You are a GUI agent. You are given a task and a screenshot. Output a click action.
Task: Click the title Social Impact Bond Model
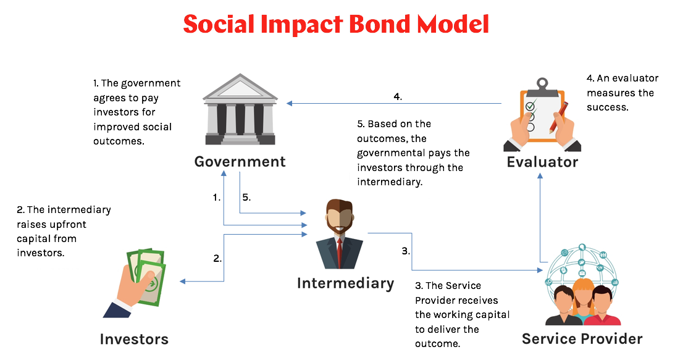click(337, 24)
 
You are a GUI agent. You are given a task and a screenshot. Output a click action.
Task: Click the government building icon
click(240, 111)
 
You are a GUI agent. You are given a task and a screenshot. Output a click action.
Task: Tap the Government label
click(240, 162)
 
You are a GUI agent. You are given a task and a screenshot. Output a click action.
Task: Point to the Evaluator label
click(542, 162)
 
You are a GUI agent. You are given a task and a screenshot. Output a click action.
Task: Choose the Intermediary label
click(345, 283)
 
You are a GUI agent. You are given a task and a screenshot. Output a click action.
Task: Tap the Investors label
click(134, 339)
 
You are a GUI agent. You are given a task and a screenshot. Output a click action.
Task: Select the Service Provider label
click(582, 339)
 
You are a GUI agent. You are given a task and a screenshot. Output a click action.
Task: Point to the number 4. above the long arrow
click(398, 96)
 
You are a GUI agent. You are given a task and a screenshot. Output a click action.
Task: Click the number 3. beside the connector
click(406, 251)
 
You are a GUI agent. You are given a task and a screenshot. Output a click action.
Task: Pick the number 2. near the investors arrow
click(217, 259)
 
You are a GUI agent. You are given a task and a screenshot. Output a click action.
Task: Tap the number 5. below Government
click(246, 198)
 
